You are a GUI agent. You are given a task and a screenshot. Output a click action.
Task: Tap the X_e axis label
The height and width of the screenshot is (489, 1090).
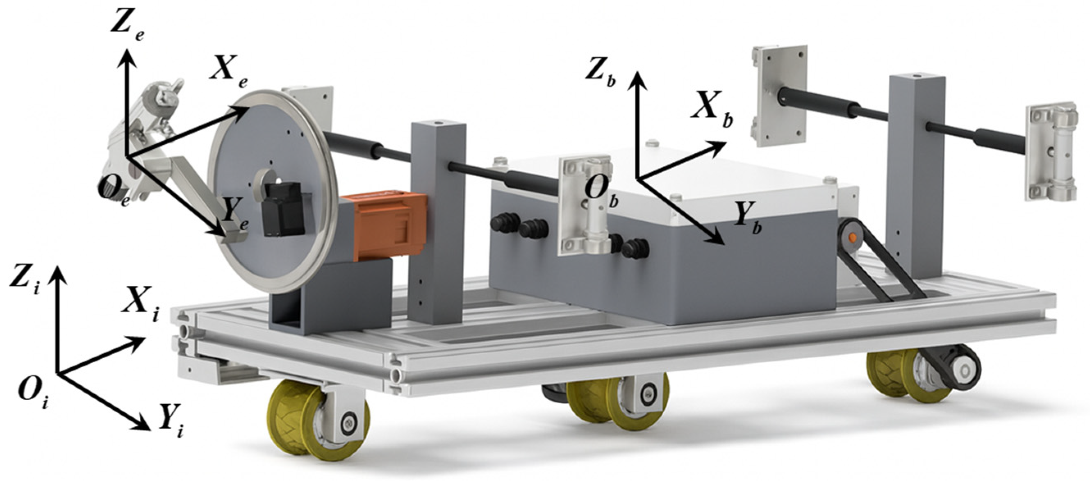pyautogui.click(x=228, y=77)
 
